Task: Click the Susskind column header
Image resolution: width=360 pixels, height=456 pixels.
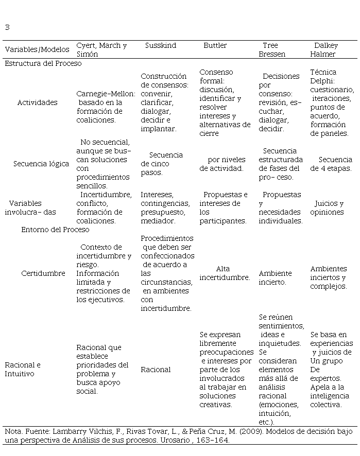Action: coord(160,45)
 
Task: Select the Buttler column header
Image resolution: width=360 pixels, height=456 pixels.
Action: coord(215,45)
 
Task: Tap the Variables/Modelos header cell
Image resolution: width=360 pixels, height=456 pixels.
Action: coord(37,49)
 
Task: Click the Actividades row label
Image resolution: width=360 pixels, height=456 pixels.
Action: coord(38,102)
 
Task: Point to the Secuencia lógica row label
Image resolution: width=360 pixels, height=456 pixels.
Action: coord(41,164)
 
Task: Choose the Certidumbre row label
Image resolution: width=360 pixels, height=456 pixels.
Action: coord(43,273)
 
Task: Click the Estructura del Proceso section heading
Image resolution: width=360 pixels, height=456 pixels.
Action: coord(43,63)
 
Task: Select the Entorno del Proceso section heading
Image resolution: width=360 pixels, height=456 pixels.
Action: coord(55,230)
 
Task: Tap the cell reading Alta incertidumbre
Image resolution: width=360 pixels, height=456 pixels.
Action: coord(225,273)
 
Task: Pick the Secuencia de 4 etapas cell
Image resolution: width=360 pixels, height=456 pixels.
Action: coord(331,164)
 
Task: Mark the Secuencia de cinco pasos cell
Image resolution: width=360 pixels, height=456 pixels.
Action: coord(162,164)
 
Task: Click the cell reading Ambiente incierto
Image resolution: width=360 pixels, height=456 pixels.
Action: coord(275,277)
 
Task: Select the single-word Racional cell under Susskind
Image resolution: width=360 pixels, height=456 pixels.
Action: coord(156,370)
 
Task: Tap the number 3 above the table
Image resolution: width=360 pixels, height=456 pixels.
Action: coord(7,27)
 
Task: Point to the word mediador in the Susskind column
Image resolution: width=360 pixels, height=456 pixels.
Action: coord(158,221)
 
